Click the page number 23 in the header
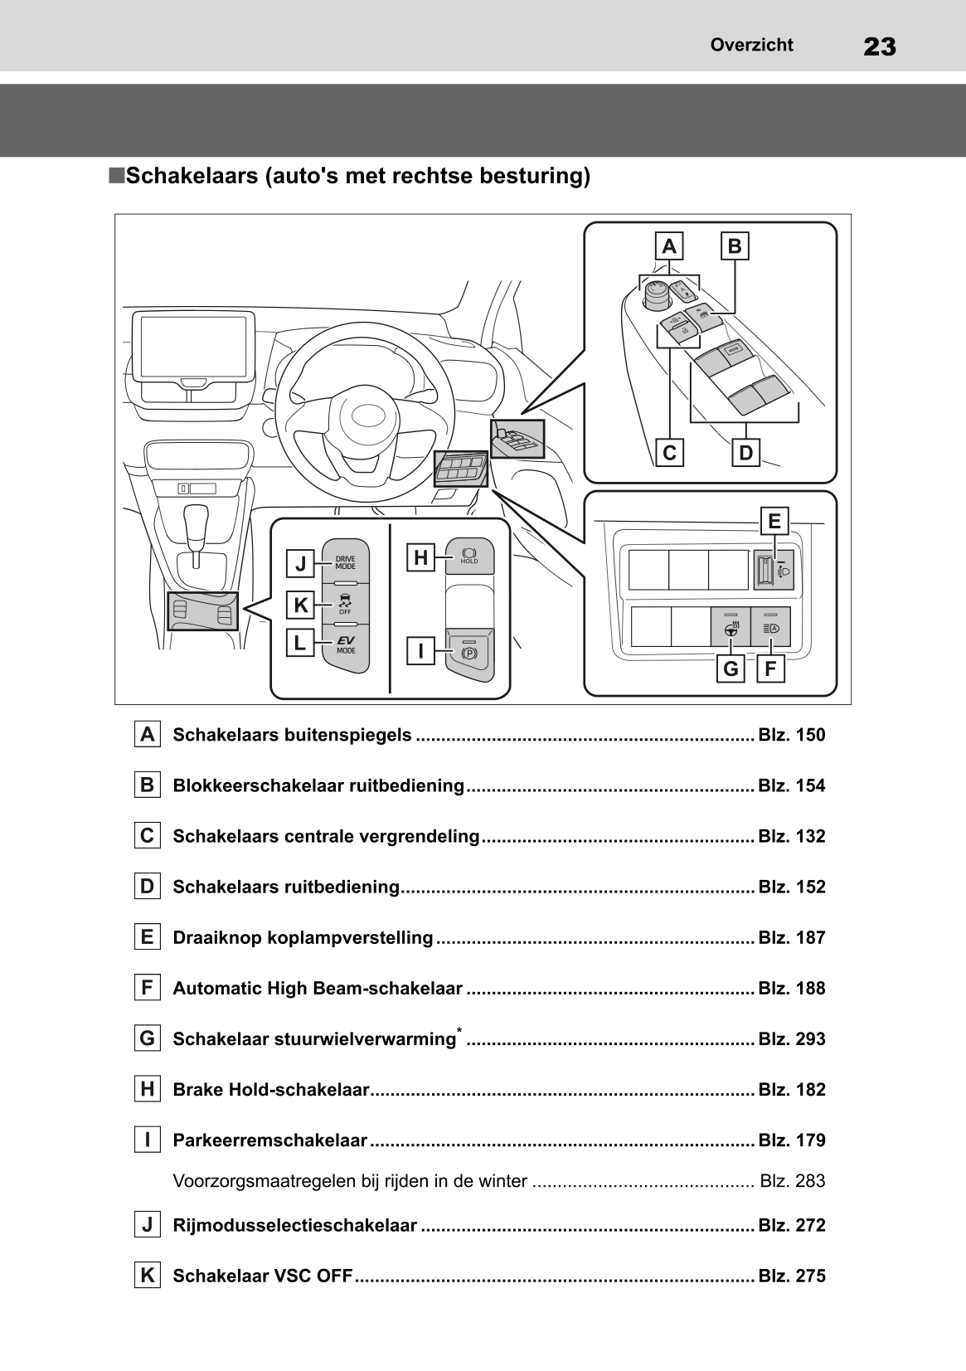tap(879, 46)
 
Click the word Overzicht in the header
tap(751, 45)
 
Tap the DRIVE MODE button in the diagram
tap(345, 562)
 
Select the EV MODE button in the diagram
tap(345, 644)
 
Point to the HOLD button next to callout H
tap(469, 556)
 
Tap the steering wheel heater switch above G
tap(731, 627)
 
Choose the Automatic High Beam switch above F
tap(770, 627)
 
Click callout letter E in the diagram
tap(774, 521)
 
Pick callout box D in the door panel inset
tap(745, 453)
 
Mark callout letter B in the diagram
tap(735, 246)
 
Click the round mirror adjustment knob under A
tap(657, 294)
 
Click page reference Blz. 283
tap(792, 1181)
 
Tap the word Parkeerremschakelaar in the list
tap(269, 1140)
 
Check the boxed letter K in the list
tap(147, 1276)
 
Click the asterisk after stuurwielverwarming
tap(459, 1030)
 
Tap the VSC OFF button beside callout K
tap(345, 603)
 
